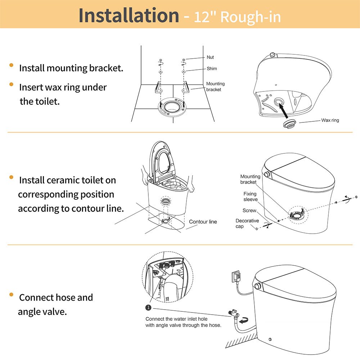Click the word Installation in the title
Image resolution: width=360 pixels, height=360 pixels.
[129, 15]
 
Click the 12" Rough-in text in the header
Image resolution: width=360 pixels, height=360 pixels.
[238, 17]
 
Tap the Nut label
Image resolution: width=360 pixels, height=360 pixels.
[210, 57]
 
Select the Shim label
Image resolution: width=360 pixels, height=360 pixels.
[212, 69]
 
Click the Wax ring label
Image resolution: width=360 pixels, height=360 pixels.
[330, 120]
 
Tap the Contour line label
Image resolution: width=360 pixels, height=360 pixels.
[203, 222]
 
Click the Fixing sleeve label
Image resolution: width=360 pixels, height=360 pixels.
[250, 197]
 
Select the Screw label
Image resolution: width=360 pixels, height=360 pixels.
[249, 210]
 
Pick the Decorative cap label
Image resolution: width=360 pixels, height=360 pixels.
[247, 223]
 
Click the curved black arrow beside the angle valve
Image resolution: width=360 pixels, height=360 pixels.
[245, 320]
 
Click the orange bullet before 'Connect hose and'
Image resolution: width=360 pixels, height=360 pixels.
[12, 295]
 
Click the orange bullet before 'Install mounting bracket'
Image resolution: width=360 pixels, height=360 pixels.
[12, 65]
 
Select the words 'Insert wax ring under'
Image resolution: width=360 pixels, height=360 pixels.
[63, 87]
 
